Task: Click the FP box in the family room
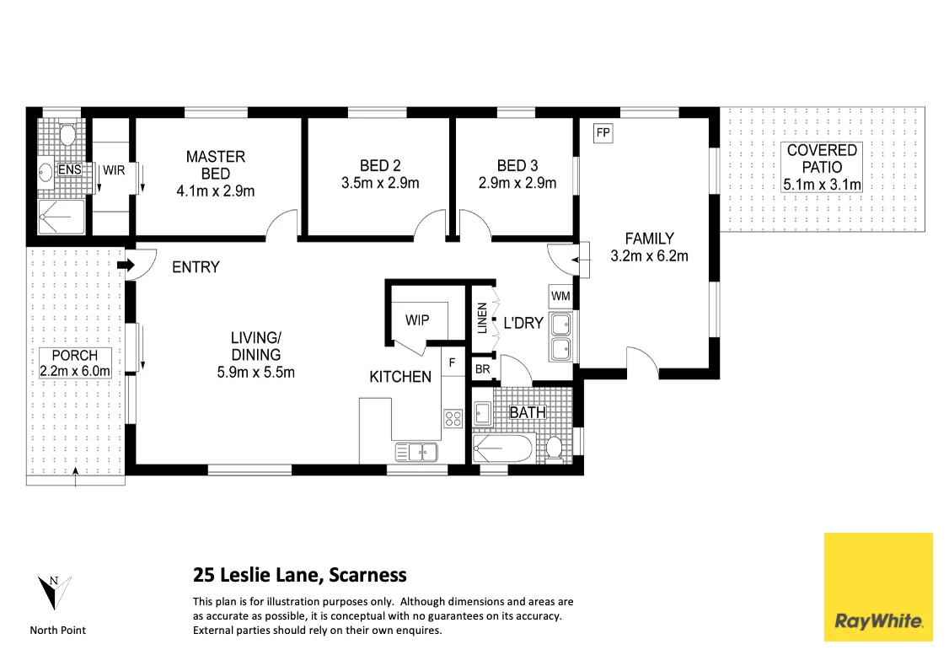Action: [603, 132]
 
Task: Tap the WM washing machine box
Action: [560, 297]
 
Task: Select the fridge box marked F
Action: [452, 363]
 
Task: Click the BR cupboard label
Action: [483, 369]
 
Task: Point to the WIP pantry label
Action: [417, 320]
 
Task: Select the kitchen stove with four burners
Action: [453, 416]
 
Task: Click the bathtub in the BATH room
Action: [502, 448]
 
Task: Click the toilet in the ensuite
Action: [68, 136]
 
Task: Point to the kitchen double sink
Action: [416, 453]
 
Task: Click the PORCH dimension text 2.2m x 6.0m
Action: [75, 370]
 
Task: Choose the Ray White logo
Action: [879, 587]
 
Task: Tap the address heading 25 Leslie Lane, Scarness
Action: [299, 576]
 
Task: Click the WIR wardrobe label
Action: [113, 170]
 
